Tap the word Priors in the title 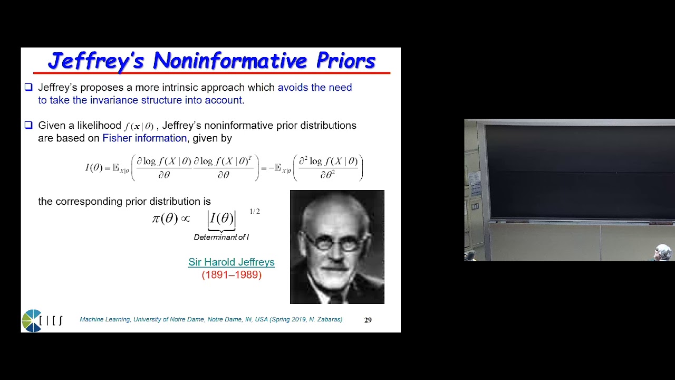[345, 61]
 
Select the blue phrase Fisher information [144, 138]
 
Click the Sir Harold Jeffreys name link [232, 262]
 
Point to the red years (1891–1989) [232, 275]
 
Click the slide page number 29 [368, 320]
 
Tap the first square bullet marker [28, 88]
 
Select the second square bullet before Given [28, 126]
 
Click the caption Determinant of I [221, 237]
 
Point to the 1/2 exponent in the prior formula [255, 212]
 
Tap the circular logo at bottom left [32, 320]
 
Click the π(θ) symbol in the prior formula [165, 218]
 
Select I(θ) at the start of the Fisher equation [94, 168]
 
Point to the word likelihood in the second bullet [99, 126]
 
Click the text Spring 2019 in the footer [290, 320]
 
